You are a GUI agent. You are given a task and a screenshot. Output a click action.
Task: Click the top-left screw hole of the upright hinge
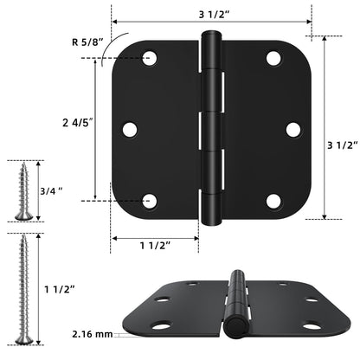pos(149,59)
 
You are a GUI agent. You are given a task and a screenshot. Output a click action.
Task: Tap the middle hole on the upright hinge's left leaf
pos(130,130)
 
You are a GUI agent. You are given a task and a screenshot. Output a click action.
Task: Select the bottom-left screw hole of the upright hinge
pos(149,201)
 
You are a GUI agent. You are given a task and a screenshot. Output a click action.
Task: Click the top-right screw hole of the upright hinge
pos(273,59)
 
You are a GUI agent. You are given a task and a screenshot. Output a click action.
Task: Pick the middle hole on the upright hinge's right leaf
pos(293,130)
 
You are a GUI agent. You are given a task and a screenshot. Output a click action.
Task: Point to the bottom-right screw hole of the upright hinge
pos(273,201)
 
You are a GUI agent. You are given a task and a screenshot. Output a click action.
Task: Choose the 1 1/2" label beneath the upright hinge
pos(155,245)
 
